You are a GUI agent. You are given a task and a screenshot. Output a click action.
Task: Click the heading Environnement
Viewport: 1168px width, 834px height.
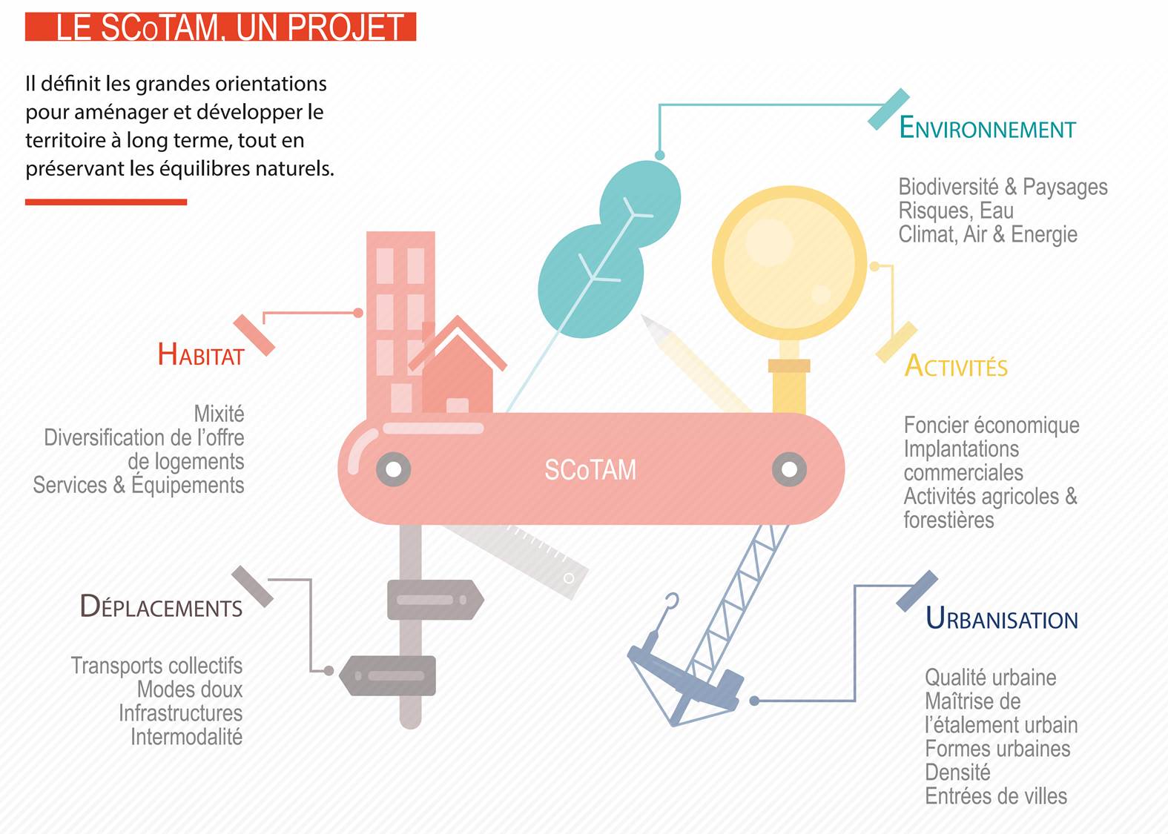[x=987, y=128]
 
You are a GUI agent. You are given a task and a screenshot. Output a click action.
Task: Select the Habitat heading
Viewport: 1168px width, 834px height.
[x=201, y=355]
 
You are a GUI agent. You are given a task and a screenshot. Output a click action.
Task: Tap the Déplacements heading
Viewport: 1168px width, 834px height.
[x=161, y=607]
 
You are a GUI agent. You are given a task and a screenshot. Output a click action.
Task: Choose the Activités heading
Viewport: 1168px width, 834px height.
[x=956, y=366]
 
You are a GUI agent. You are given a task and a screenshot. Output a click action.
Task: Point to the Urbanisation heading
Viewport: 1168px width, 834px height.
[x=1002, y=618]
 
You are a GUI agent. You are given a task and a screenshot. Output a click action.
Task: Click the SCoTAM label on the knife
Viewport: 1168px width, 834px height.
[x=590, y=470]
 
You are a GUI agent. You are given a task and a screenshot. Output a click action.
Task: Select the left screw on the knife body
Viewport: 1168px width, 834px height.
[x=394, y=469]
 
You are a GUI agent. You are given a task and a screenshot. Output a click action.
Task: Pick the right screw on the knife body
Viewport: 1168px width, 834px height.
[x=789, y=469]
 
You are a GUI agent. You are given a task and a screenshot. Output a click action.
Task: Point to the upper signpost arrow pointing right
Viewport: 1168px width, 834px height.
[x=435, y=600]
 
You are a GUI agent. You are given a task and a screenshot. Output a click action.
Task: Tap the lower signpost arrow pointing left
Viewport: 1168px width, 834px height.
[x=388, y=675]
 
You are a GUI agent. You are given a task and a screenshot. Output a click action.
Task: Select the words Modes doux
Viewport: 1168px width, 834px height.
[x=190, y=689]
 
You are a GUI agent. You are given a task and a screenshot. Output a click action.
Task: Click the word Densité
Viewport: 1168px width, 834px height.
[x=957, y=772]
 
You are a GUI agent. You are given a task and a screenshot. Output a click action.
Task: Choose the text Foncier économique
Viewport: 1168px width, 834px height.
[x=992, y=426]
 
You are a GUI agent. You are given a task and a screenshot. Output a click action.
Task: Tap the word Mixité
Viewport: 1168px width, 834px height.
[x=219, y=414]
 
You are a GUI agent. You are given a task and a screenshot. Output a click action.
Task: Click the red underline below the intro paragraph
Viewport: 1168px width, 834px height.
[x=106, y=202]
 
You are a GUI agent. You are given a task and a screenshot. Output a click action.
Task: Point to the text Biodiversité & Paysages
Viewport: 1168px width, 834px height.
[x=1003, y=187]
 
